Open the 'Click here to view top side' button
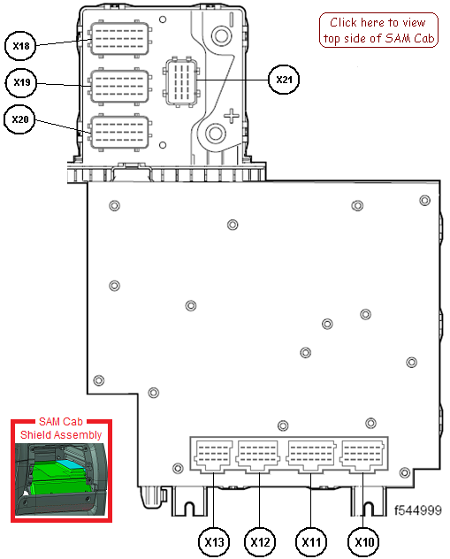point(378,30)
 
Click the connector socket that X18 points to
point(120,39)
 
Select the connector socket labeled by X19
point(120,87)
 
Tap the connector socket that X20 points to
point(120,133)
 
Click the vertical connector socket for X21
point(181,81)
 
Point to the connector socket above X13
point(213,456)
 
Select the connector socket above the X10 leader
point(362,456)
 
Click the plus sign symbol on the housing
point(232,116)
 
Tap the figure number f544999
point(417,510)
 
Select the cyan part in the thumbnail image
point(72,463)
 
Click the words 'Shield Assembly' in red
point(61,435)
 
